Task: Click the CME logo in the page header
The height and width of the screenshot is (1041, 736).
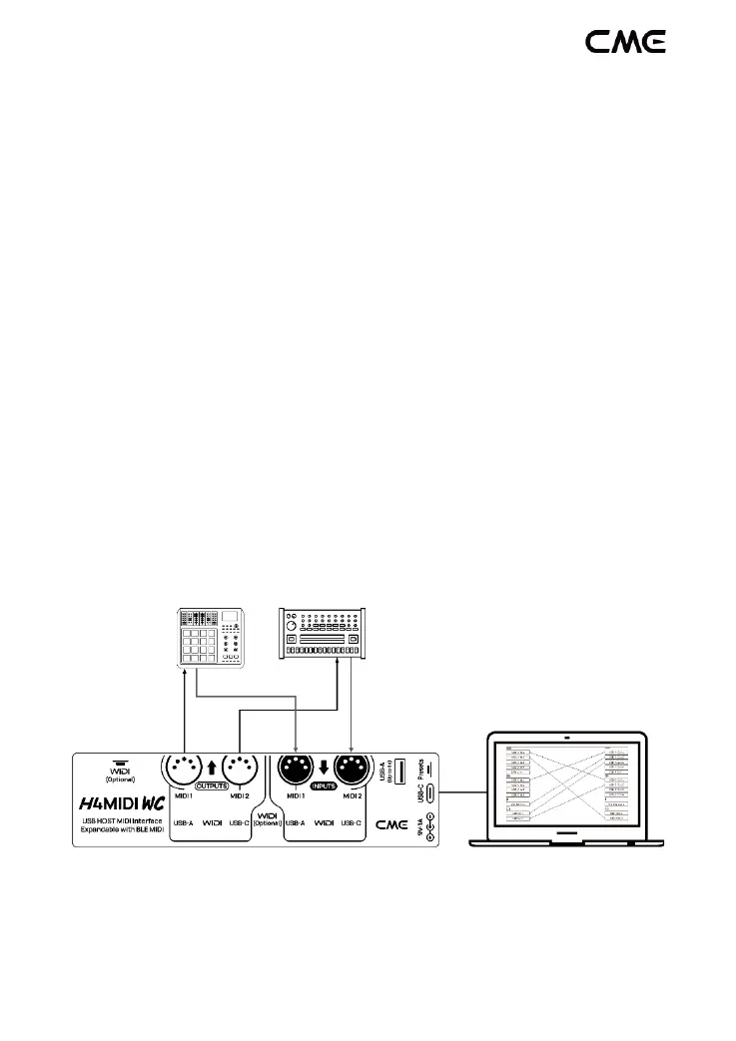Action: click(x=625, y=41)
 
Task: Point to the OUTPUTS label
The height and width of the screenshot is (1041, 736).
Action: click(x=212, y=786)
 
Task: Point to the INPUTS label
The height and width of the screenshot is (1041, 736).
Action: click(x=324, y=786)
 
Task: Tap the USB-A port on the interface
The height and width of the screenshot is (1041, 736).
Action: click(x=399, y=770)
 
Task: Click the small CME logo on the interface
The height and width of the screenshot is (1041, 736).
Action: click(x=390, y=825)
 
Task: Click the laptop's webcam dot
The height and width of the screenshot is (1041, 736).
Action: click(x=566, y=739)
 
